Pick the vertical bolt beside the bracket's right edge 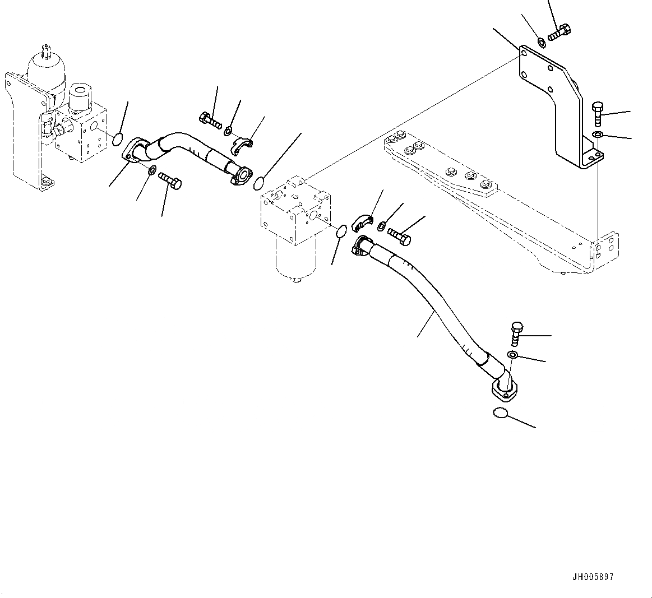[x=598, y=114]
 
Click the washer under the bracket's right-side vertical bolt [x=598, y=135]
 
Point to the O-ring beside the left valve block [x=118, y=140]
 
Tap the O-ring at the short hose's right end [x=258, y=182]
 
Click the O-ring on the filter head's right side [x=340, y=231]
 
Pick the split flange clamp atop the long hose [x=362, y=221]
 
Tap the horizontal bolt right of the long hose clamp [x=399, y=235]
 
